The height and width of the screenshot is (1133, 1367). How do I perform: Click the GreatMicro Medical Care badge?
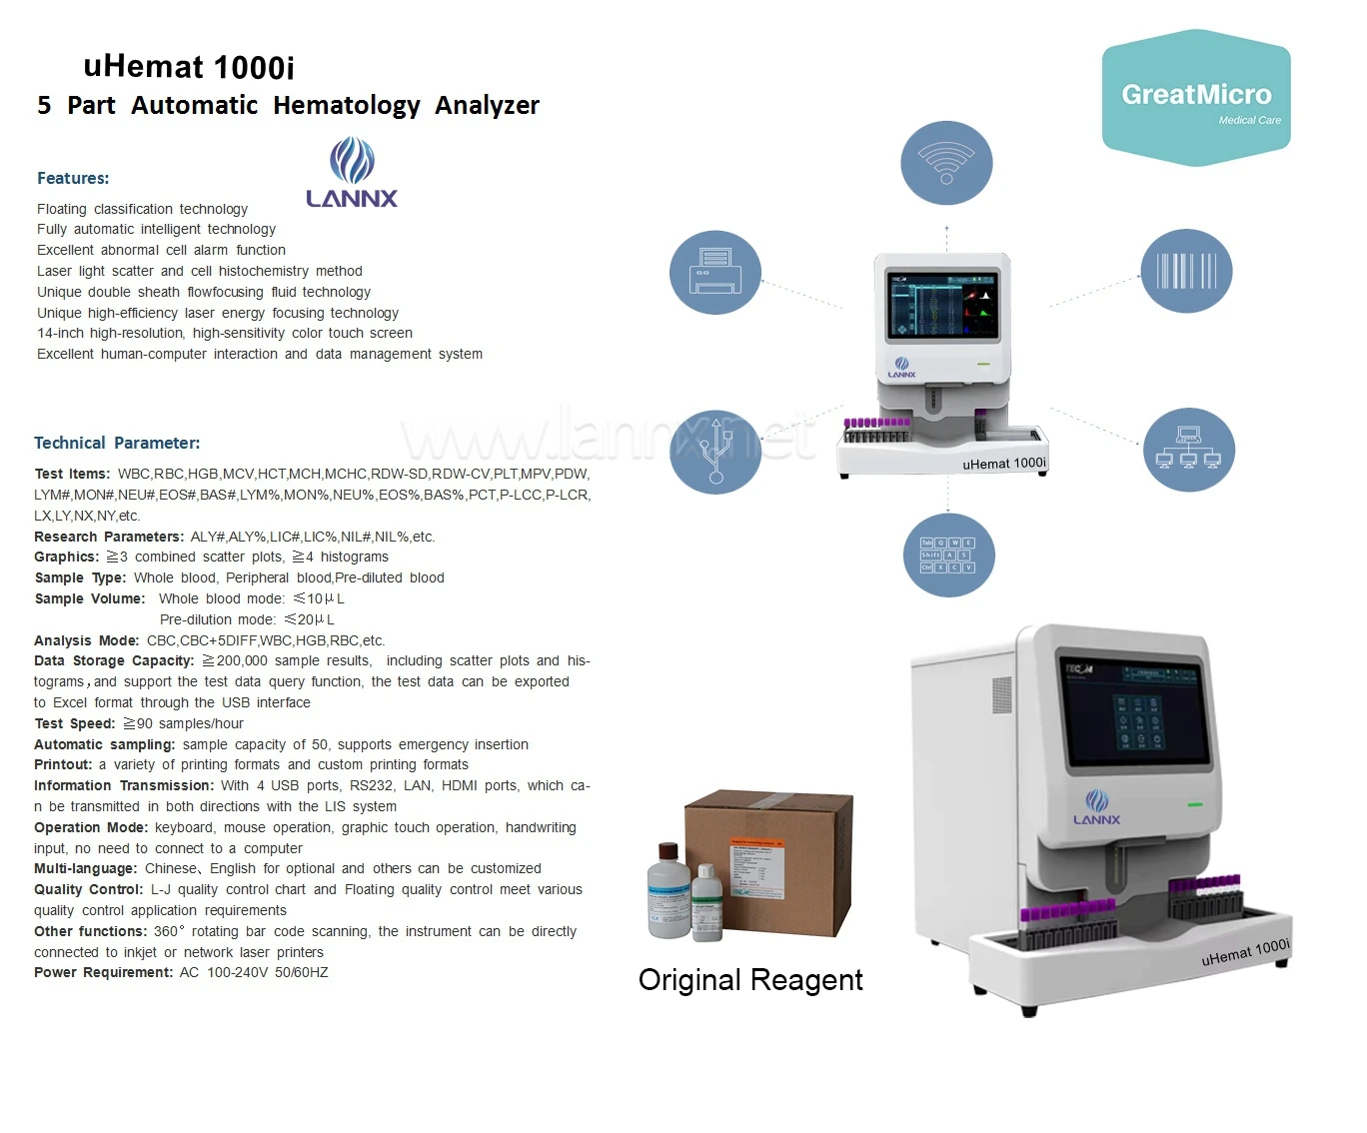point(1196,98)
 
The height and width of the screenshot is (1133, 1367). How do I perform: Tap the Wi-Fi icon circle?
point(946,163)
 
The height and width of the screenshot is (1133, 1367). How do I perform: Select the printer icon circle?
point(715,272)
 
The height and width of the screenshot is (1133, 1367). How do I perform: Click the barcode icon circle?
point(1186,271)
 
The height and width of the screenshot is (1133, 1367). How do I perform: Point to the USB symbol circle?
point(715,452)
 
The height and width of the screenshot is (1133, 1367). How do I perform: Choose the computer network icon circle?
point(1188,450)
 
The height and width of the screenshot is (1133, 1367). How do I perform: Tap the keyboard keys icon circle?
point(948,556)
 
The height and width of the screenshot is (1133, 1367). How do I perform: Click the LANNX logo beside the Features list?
point(352,174)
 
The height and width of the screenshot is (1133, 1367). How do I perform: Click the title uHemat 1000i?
point(189,67)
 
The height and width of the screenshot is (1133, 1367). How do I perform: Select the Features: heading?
point(73,178)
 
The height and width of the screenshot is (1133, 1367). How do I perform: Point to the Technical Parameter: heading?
point(117,443)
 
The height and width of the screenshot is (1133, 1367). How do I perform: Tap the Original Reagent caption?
point(750,980)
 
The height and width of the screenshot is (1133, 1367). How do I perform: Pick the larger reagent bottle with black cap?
point(669,892)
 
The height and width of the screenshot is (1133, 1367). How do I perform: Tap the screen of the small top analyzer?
point(942,304)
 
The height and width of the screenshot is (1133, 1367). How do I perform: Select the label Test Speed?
point(75,723)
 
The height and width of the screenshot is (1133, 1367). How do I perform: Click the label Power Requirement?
point(103,972)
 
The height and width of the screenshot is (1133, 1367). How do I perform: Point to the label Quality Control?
point(88,889)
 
